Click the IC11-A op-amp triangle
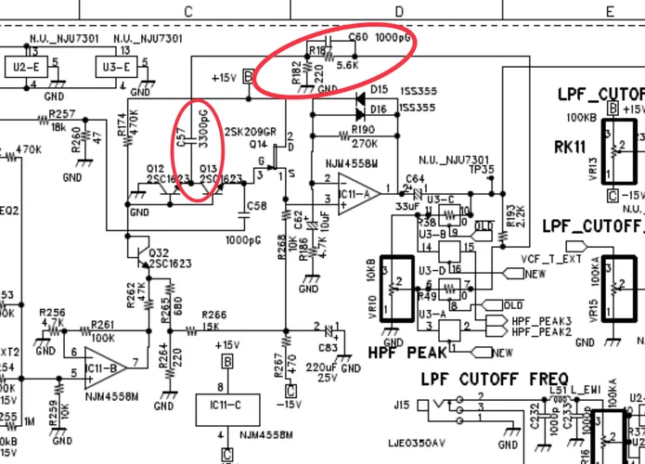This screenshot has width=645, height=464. click(354, 193)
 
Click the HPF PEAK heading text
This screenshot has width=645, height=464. click(407, 353)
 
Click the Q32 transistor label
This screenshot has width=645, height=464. click(159, 252)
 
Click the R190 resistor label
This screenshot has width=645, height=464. click(363, 130)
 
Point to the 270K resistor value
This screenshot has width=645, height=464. click(364, 145)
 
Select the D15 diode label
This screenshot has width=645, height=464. click(380, 90)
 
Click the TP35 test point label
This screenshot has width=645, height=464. click(482, 170)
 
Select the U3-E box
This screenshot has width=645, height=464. click(119, 68)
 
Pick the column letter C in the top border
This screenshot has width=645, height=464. click(188, 11)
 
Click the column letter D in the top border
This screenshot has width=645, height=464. click(400, 11)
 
